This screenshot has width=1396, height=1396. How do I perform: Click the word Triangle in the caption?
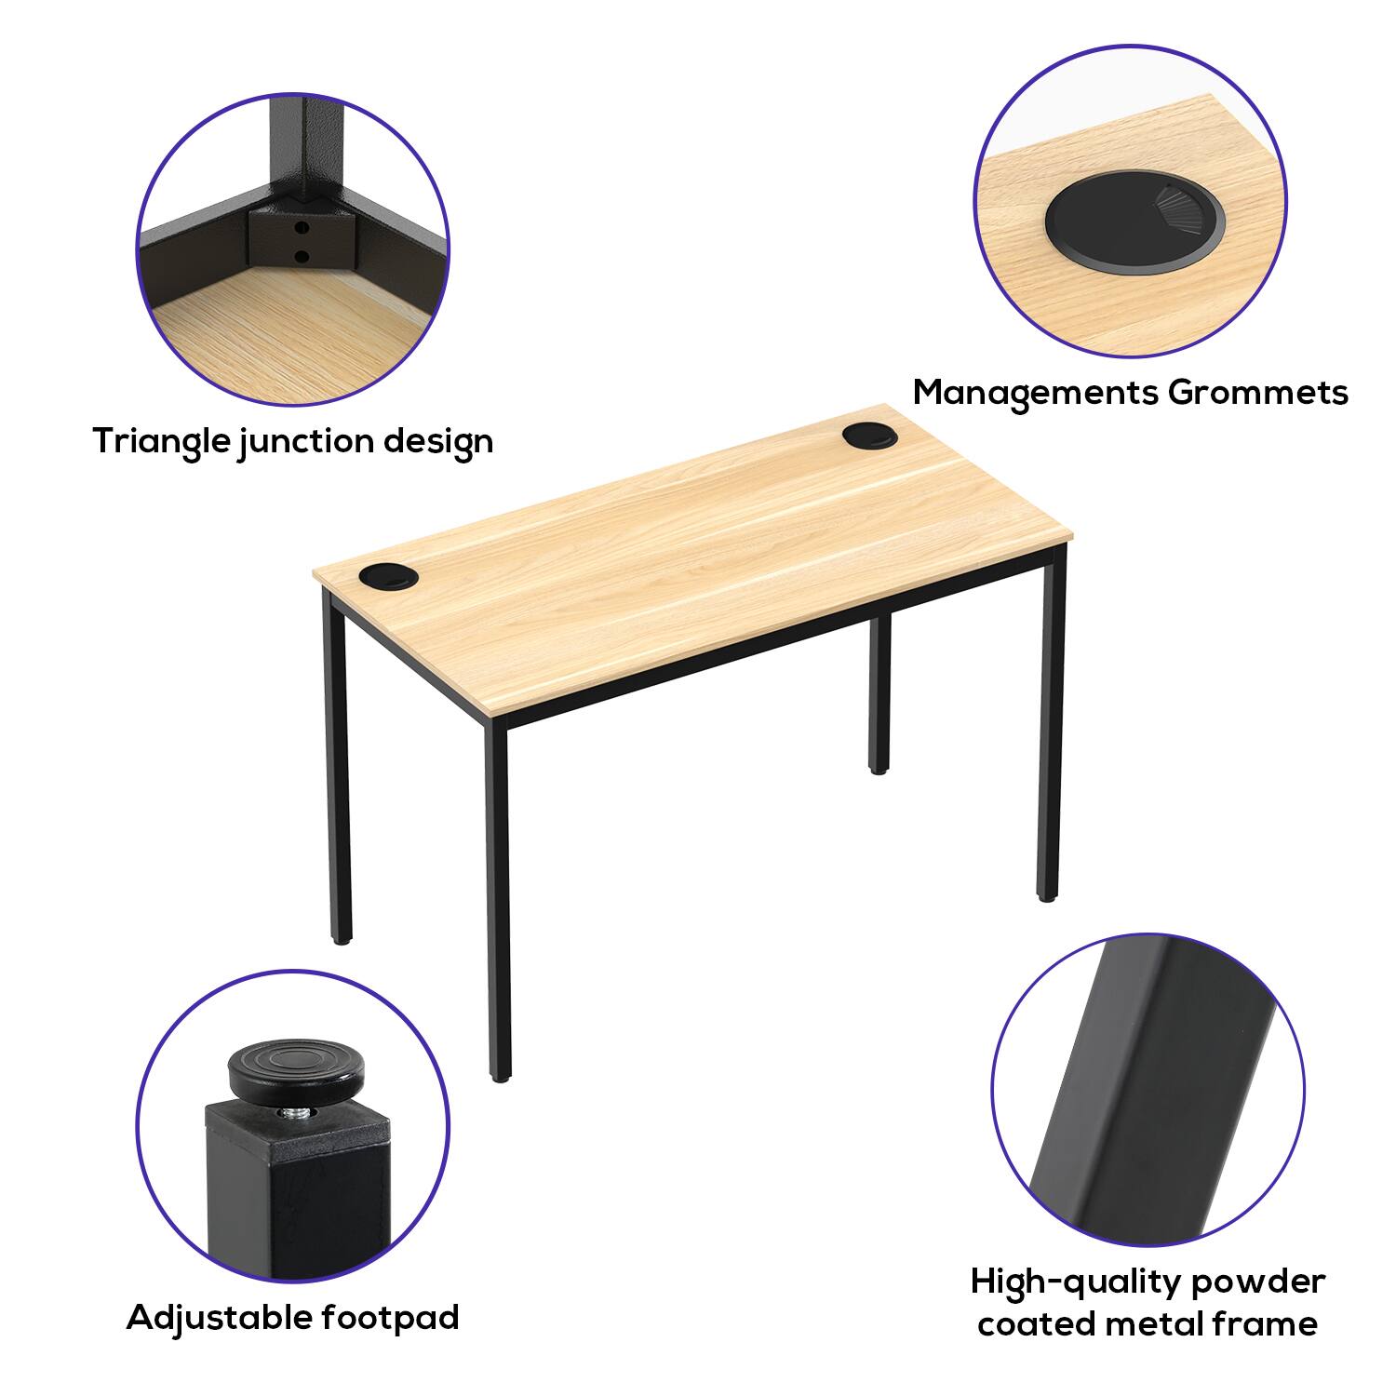click(x=162, y=440)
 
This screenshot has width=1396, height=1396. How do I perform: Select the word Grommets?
click(x=1257, y=393)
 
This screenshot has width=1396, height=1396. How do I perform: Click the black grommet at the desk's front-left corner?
click(x=385, y=577)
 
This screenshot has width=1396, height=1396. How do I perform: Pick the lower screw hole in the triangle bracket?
click(x=299, y=256)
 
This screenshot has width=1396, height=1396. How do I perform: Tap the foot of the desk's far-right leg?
click(x=1047, y=894)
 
